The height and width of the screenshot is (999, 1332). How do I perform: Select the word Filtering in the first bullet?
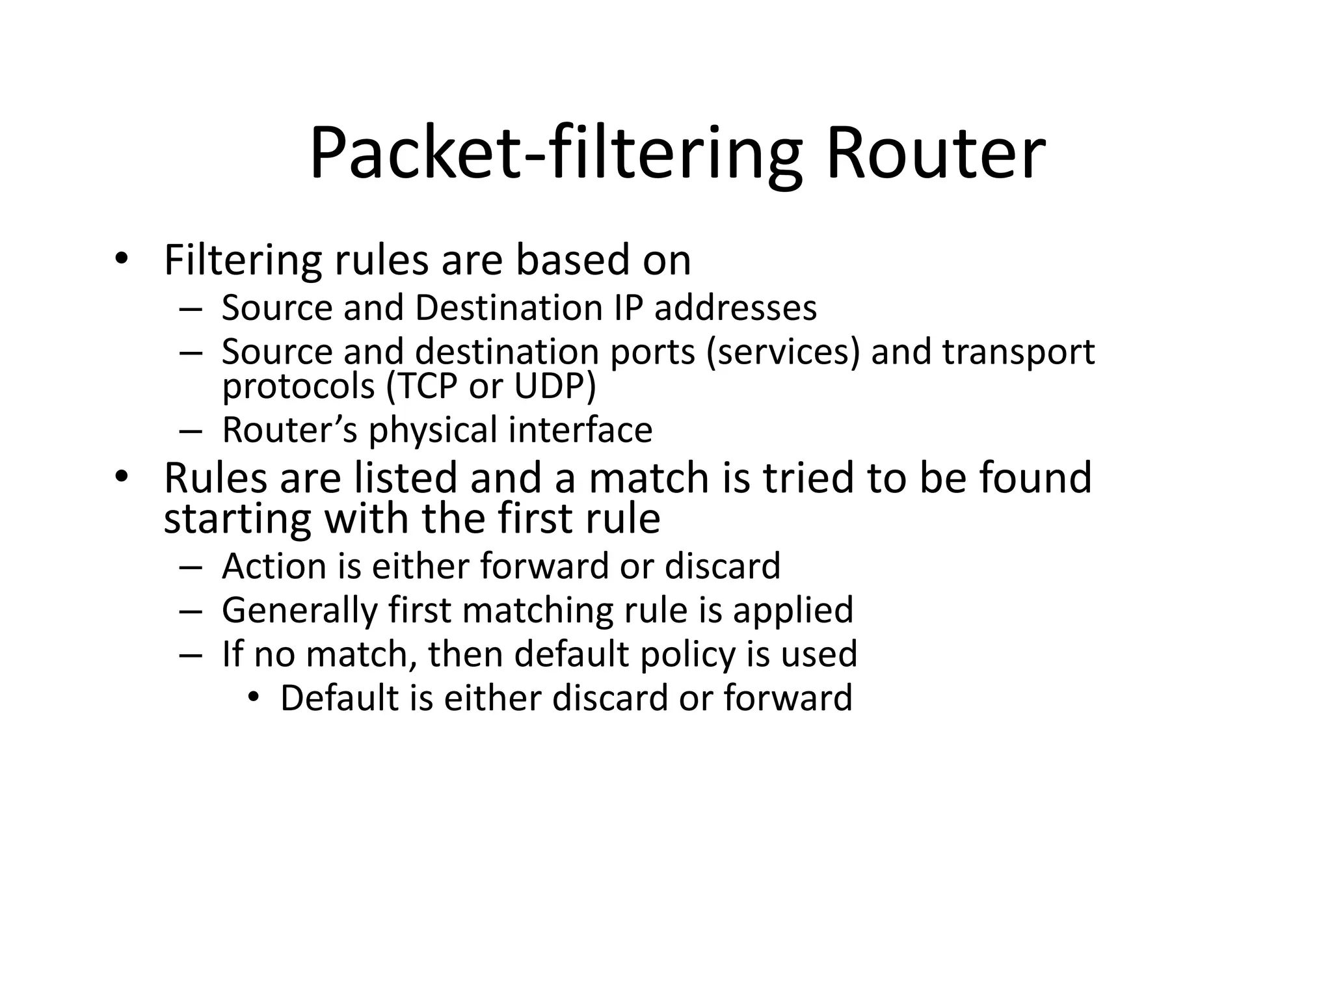242,260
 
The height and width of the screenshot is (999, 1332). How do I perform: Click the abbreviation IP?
628,308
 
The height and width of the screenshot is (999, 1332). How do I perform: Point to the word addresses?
735,308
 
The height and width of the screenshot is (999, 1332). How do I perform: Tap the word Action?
273,566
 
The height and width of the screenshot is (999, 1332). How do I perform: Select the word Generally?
300,611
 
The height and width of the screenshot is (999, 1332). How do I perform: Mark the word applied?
793,611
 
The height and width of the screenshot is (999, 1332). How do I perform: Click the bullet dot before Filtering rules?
121,260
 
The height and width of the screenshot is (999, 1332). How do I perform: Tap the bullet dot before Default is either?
254,698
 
